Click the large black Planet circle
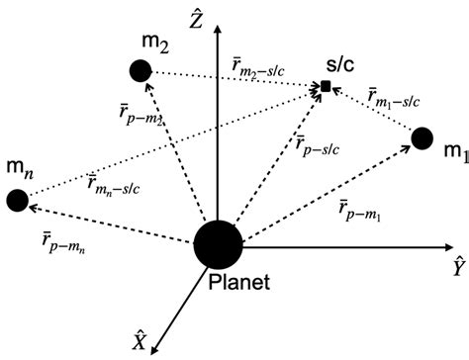(216, 244)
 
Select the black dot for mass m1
(422, 138)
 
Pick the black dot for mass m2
(141, 71)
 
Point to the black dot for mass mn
(16, 200)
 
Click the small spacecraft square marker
(325, 88)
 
